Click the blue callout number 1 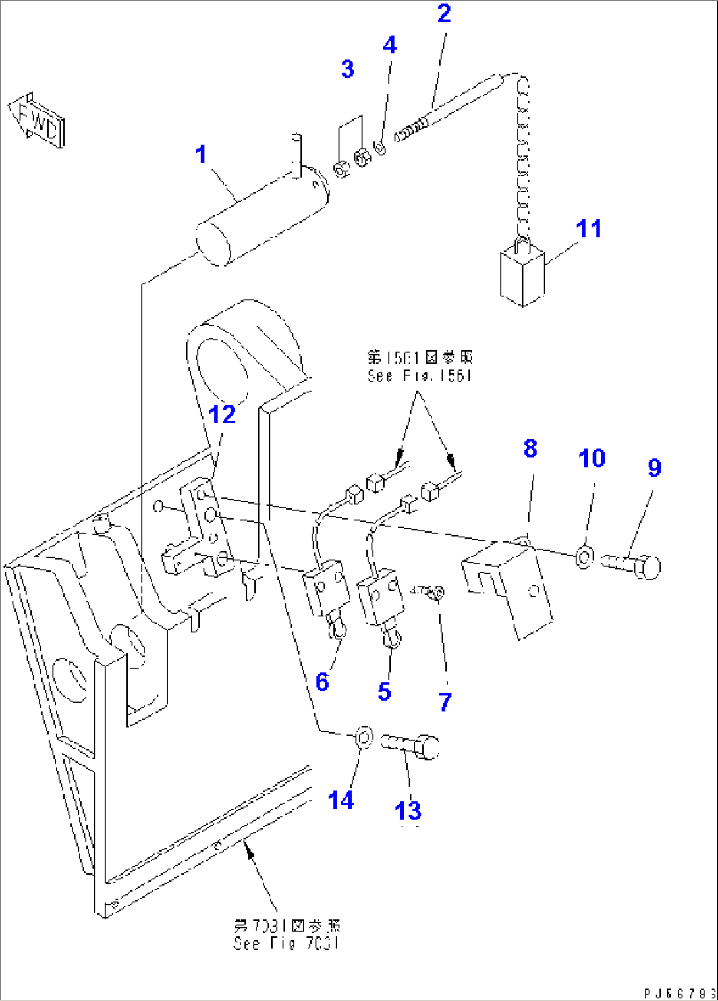coord(201,155)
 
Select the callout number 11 coord(588,229)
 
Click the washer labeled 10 coord(584,557)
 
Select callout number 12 coord(221,415)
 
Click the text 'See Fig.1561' coord(420,376)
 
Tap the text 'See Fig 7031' coord(287,944)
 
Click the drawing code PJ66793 coord(679,992)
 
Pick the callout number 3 coord(348,69)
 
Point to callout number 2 coord(444,14)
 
